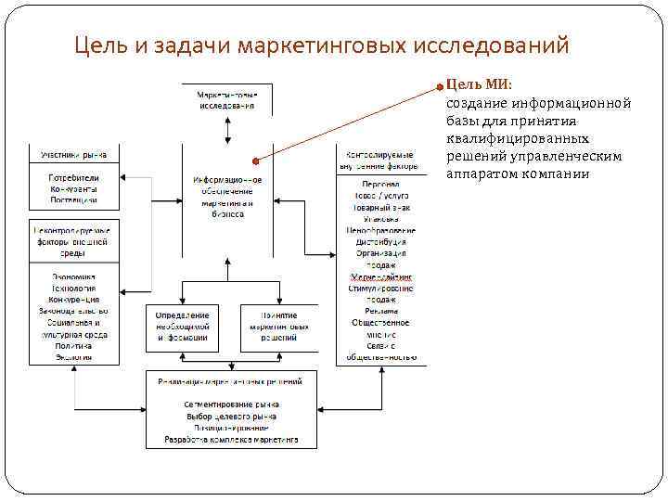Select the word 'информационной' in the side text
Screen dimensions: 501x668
[x=572, y=103]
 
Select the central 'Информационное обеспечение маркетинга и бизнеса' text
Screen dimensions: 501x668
[x=227, y=197]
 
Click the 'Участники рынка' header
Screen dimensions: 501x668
[x=74, y=154]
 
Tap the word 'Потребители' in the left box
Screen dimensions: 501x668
[x=74, y=177]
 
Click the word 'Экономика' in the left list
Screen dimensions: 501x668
[x=74, y=276]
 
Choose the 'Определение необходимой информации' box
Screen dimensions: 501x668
[x=183, y=327]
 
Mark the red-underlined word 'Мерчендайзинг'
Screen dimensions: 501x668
[x=380, y=276]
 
